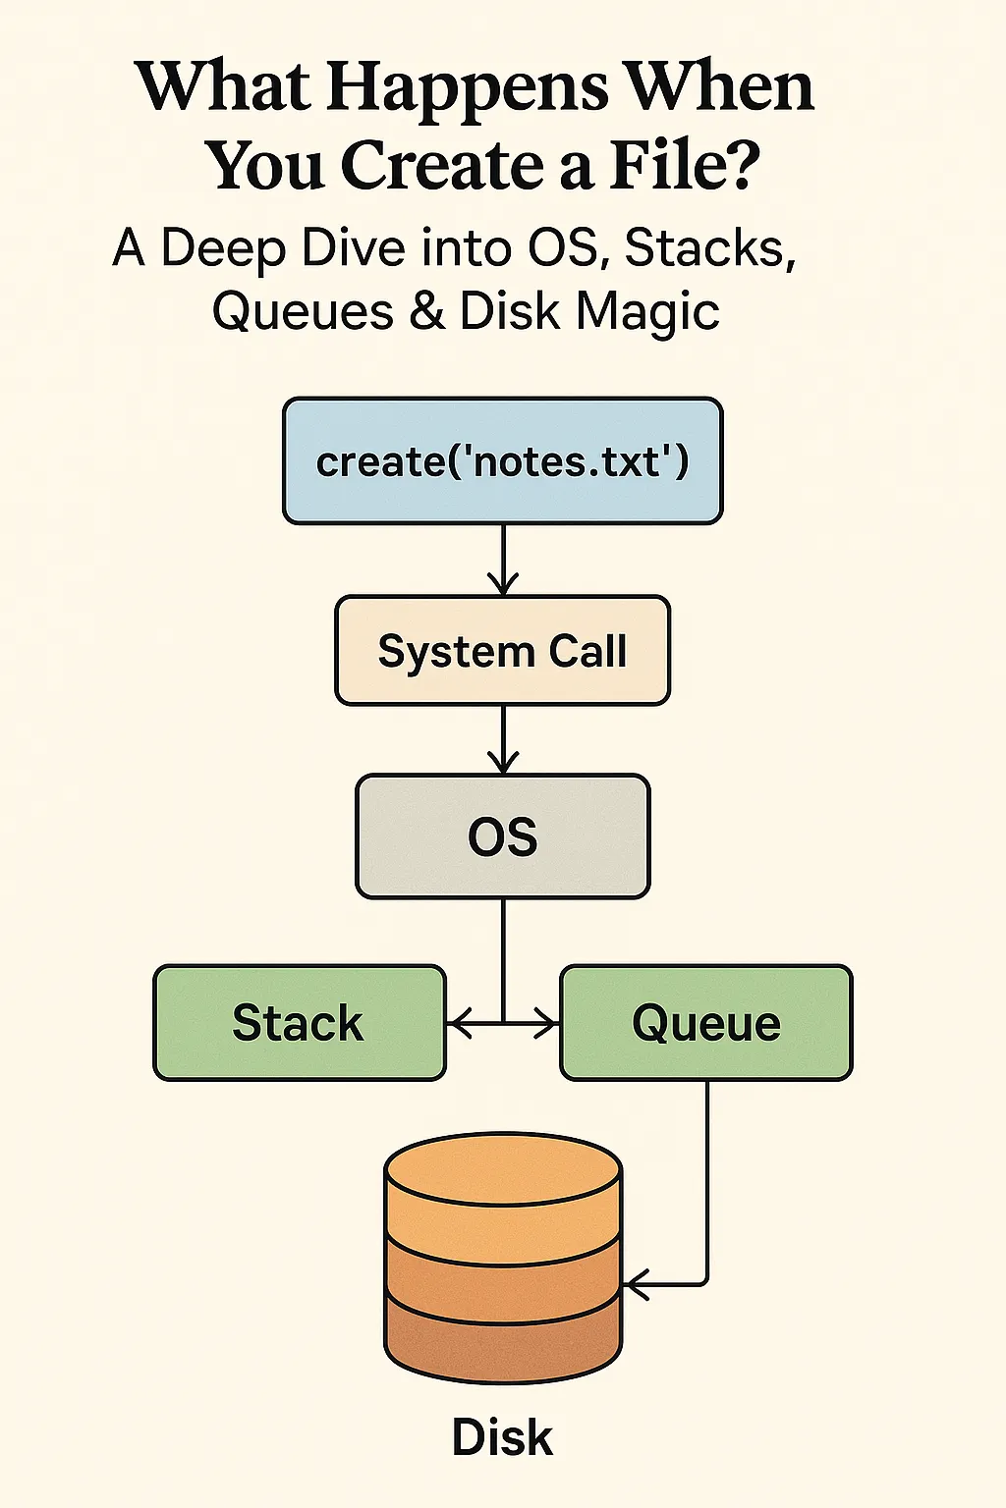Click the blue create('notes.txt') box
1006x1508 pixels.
pos(503,461)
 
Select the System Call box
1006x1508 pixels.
pos(503,650)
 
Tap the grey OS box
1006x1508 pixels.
pos(503,836)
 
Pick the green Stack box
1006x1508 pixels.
pos(300,1023)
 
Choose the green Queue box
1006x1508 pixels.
pos(706,1023)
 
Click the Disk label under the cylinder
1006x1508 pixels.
pos(502,1436)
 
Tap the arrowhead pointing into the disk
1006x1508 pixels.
pos(635,1284)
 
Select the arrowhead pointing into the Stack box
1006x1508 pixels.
pos(460,1024)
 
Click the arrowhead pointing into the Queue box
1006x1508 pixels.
pos(546,1024)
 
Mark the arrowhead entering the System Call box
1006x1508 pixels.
pos(503,583)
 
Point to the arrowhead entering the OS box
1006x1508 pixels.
pos(503,762)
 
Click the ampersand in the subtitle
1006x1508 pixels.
pos(427,311)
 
